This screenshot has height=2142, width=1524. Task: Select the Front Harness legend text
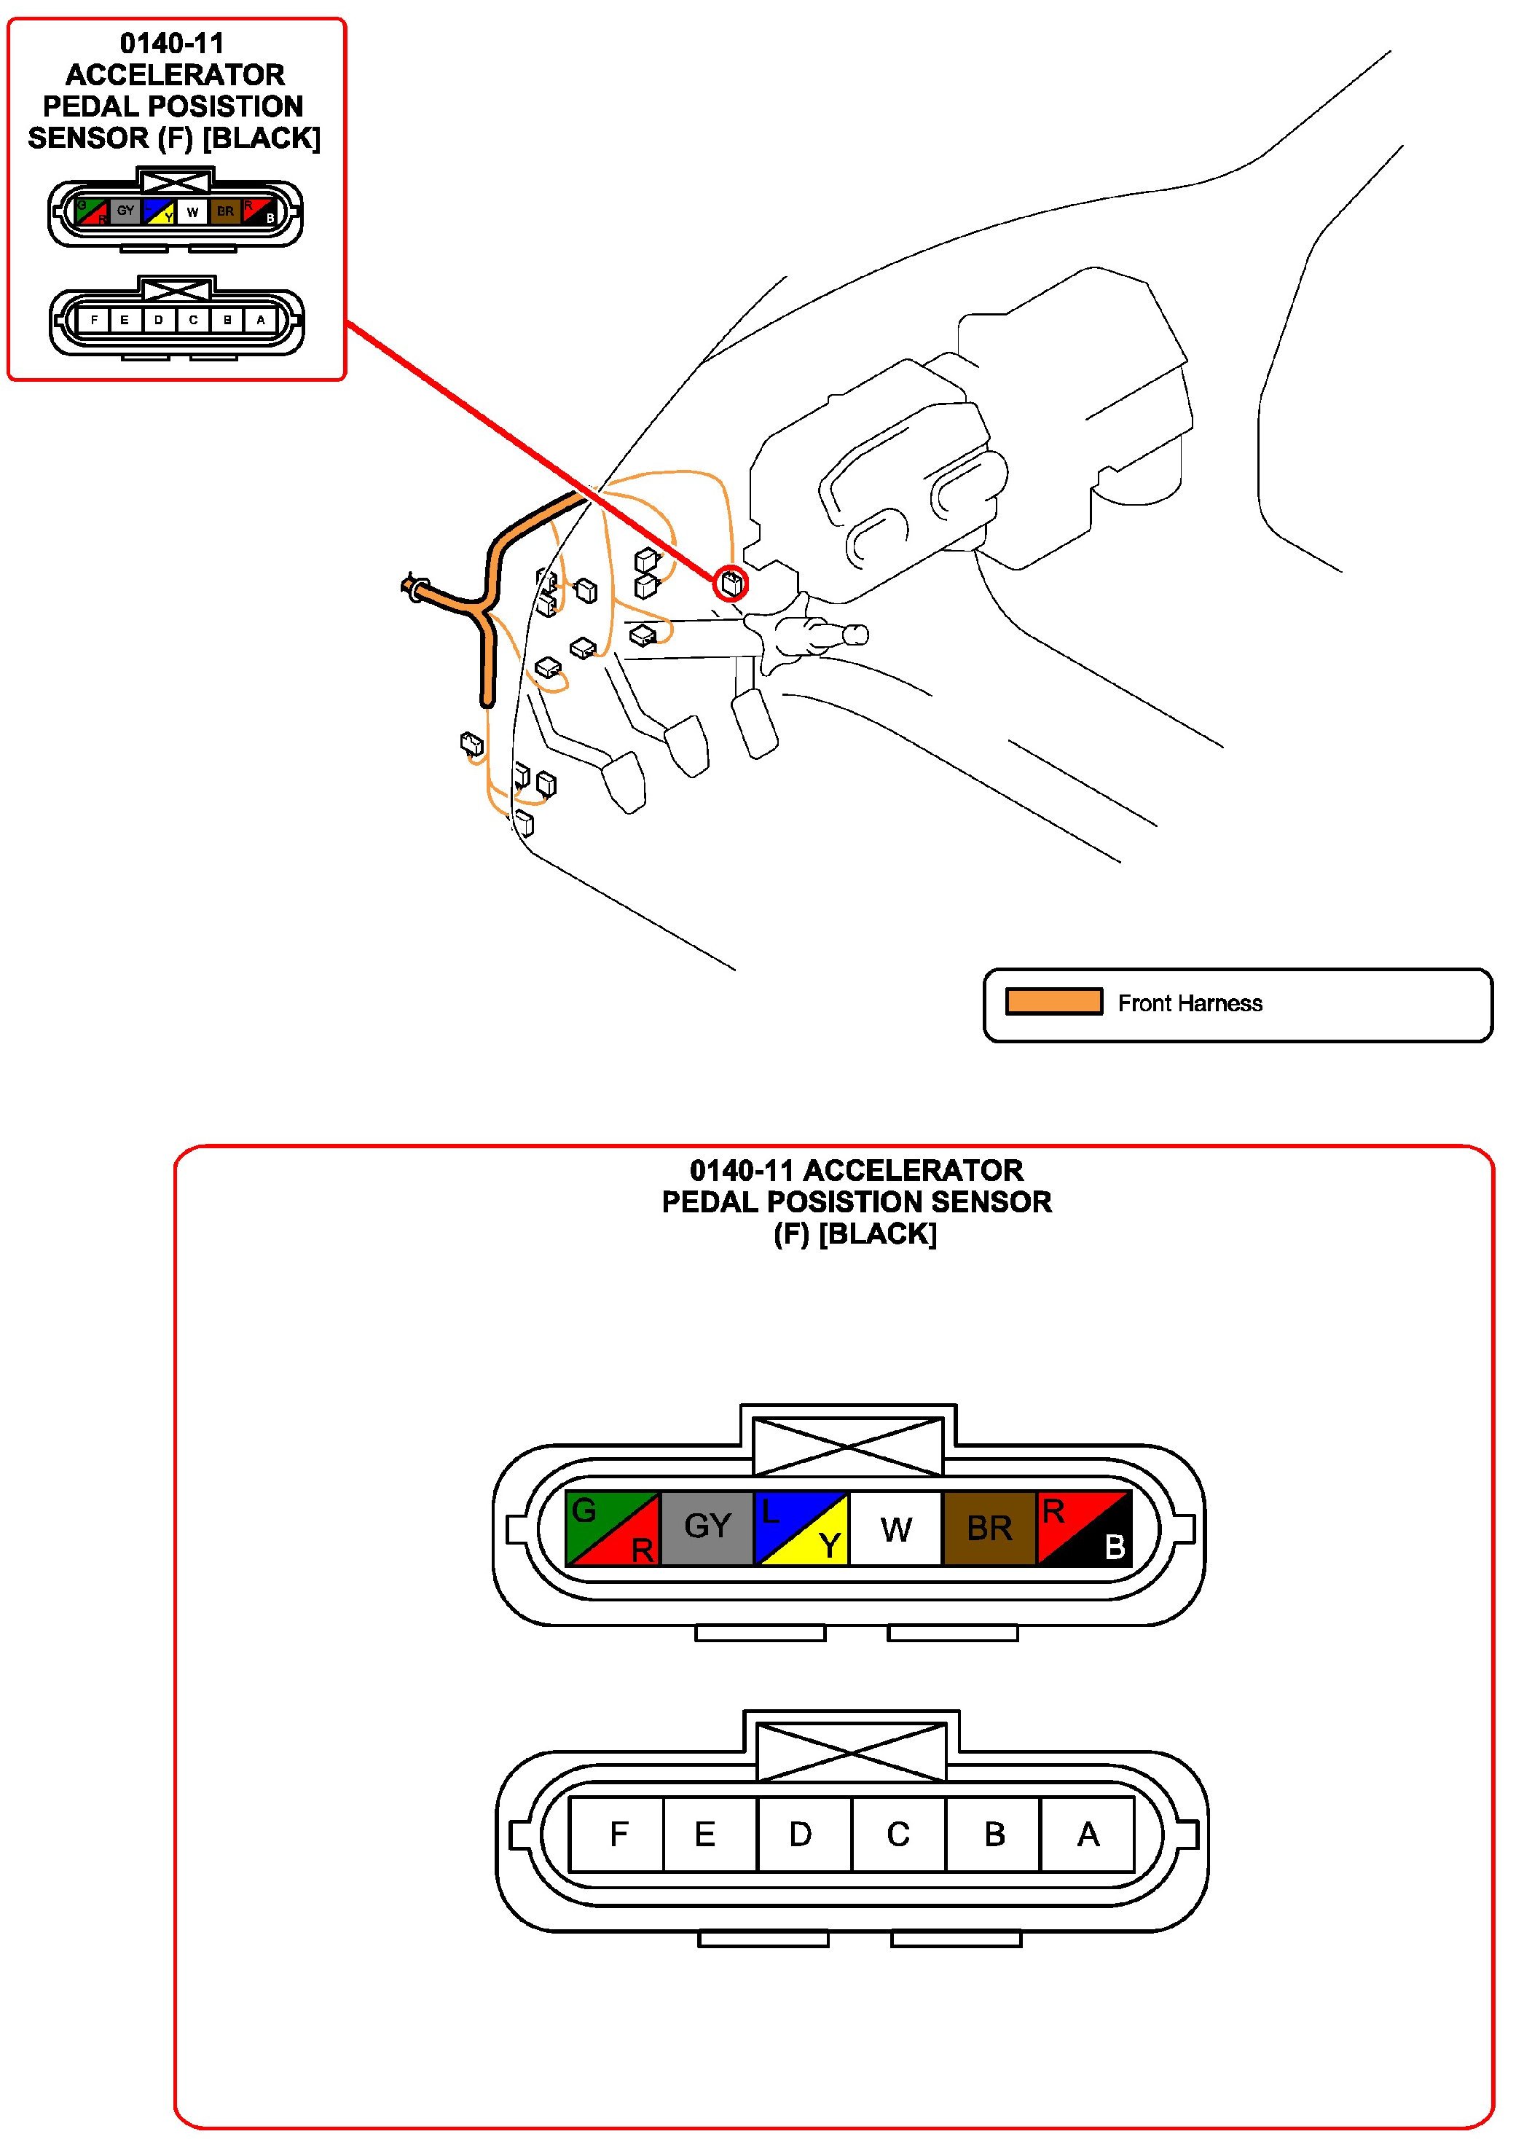[1189, 1003]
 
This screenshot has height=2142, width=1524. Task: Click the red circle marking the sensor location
[730, 584]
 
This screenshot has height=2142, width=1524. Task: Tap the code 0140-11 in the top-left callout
[172, 43]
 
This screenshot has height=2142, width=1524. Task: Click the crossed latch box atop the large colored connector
[849, 1446]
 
